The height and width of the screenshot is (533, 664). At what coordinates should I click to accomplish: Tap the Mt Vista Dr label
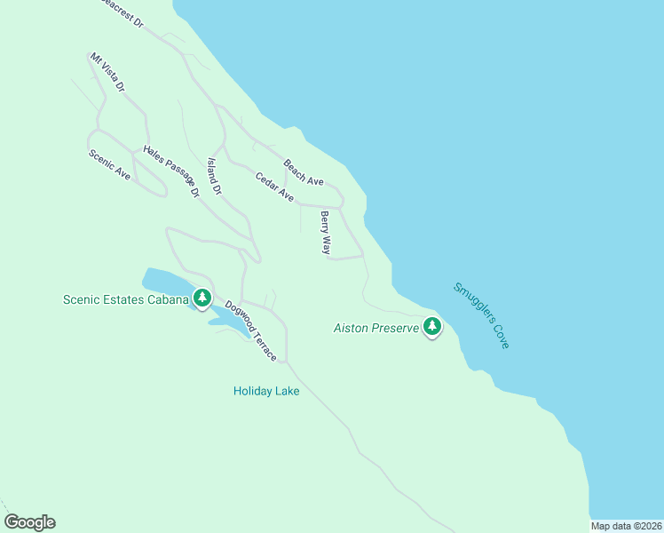click(107, 73)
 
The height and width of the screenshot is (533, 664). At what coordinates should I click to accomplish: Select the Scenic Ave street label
click(109, 165)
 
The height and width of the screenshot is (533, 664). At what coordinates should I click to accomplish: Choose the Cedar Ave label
click(274, 186)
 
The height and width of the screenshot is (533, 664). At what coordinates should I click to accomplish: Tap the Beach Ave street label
click(304, 172)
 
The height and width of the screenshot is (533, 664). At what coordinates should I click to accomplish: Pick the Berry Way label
click(326, 233)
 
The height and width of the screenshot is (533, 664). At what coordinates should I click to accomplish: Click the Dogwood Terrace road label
click(250, 330)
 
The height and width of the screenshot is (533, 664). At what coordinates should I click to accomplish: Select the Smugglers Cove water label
click(481, 315)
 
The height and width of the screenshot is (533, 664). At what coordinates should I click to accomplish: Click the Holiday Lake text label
click(266, 391)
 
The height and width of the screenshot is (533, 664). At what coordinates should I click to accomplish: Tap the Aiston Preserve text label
click(375, 328)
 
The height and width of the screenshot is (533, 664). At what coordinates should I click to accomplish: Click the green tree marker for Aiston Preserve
click(432, 326)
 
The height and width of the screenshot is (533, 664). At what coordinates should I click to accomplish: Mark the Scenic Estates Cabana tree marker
click(203, 298)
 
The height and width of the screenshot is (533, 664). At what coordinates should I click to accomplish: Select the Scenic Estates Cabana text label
click(126, 299)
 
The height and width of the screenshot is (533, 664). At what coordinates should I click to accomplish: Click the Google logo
click(29, 522)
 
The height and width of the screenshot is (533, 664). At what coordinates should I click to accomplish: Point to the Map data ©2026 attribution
click(626, 526)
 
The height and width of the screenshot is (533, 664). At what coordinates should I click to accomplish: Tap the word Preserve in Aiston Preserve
click(394, 328)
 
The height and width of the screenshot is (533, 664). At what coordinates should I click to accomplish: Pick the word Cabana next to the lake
click(169, 299)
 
